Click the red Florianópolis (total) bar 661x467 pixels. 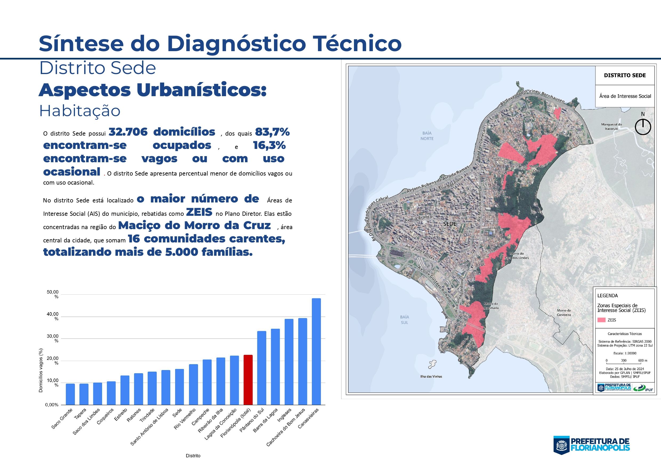click(248, 380)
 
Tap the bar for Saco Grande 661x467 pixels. click(70, 394)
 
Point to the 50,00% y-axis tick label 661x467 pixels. click(53, 294)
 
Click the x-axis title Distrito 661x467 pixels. click(193, 456)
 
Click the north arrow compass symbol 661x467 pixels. click(643, 127)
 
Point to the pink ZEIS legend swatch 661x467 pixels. click(601, 320)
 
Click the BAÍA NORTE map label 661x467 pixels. click(427, 136)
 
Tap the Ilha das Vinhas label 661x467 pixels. click(431, 376)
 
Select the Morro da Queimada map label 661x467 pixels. click(491, 306)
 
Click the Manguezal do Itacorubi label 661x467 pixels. click(611, 127)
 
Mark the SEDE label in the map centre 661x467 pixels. click(450, 224)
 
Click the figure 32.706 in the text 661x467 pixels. click(128, 132)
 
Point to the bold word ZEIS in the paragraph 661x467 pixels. click(199, 212)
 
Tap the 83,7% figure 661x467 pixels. click(272, 132)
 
